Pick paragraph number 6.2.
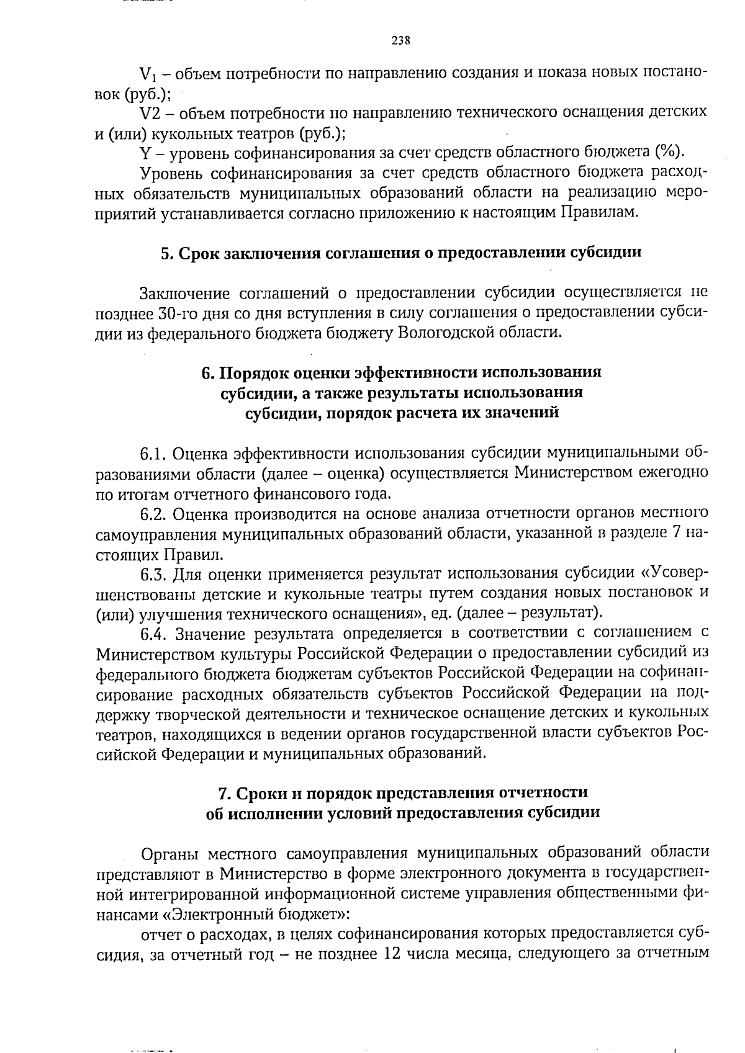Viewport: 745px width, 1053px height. click(x=153, y=514)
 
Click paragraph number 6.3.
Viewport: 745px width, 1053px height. click(x=153, y=574)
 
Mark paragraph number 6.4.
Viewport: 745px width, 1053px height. click(x=153, y=634)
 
